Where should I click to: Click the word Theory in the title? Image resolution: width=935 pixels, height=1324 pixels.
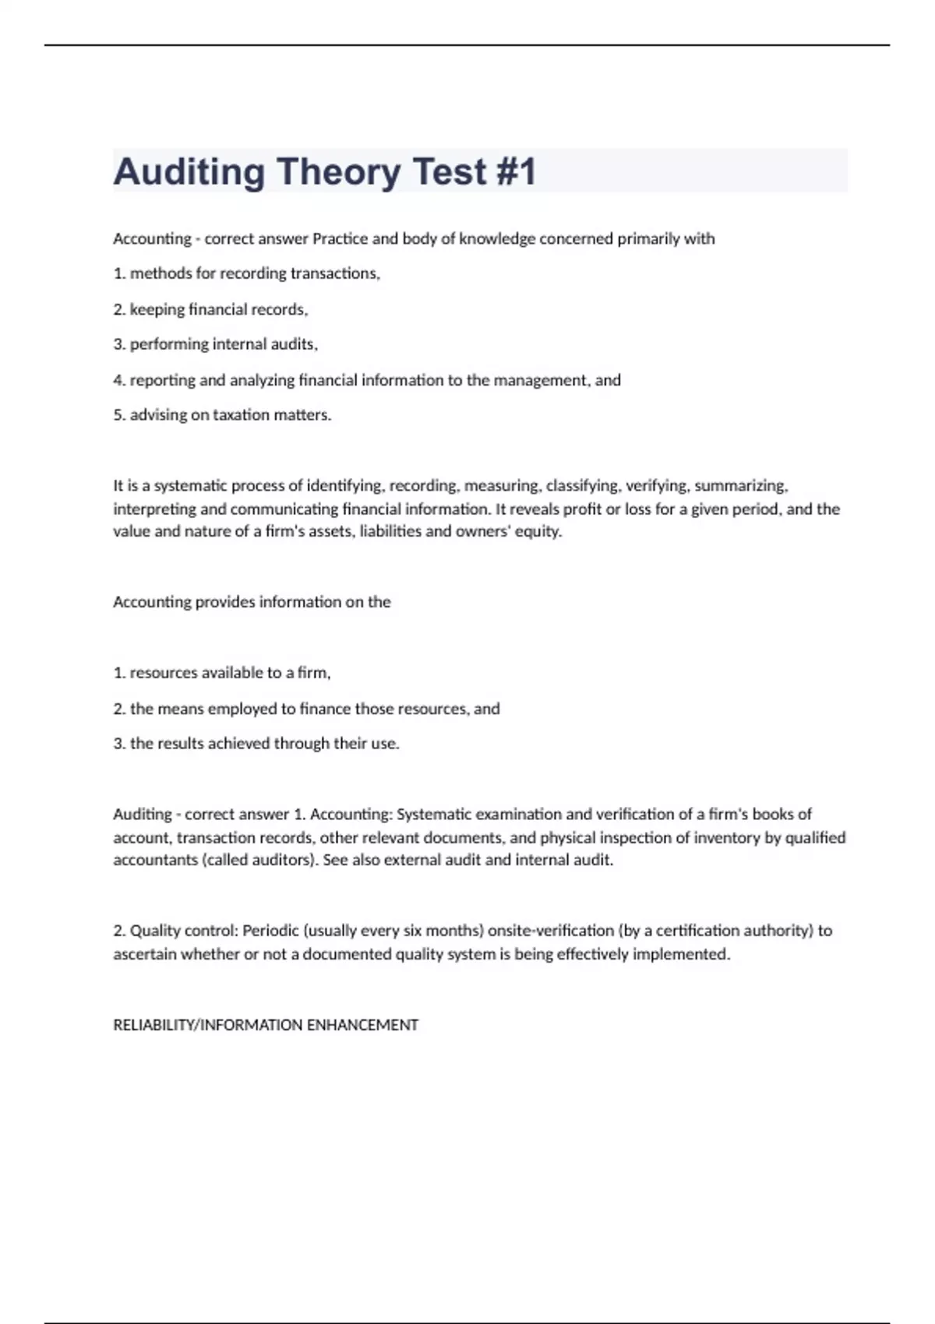(x=338, y=172)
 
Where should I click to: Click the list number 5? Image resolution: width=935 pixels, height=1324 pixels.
(x=119, y=414)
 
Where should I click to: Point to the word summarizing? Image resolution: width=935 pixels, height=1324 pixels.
(x=740, y=485)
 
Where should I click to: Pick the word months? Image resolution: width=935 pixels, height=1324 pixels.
(x=453, y=930)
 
